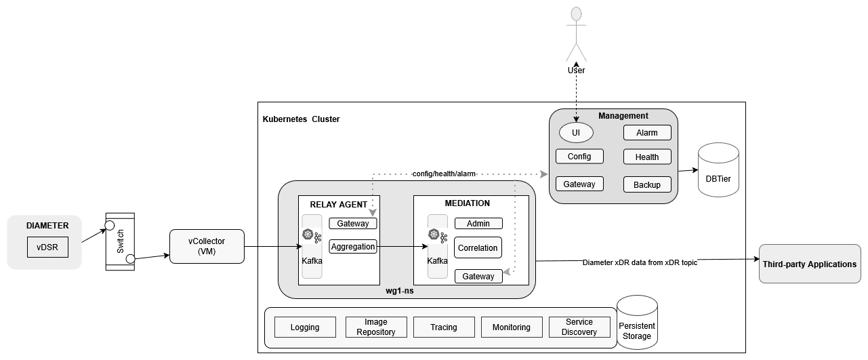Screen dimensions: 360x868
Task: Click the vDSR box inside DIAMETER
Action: (x=47, y=247)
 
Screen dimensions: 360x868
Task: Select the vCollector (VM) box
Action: (x=207, y=246)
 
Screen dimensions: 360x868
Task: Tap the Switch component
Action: (x=120, y=242)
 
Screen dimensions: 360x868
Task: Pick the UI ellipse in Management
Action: (x=576, y=132)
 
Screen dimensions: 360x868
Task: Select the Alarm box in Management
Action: (x=647, y=133)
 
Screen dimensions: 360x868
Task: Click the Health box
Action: (x=647, y=157)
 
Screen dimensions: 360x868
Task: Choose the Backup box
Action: (x=647, y=184)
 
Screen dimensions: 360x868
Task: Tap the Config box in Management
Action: (x=579, y=157)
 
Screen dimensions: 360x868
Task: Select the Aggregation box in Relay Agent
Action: (x=352, y=247)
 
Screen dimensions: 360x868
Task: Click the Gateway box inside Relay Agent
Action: (x=352, y=224)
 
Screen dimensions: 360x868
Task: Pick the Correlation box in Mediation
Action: (x=478, y=248)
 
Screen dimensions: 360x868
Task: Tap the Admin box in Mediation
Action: (x=478, y=224)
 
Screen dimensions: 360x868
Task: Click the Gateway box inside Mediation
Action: (x=478, y=276)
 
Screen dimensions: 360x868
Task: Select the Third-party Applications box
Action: (x=810, y=264)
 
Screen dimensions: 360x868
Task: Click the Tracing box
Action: (x=444, y=327)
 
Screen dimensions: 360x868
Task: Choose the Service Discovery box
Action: (x=579, y=327)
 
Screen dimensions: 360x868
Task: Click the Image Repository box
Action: (x=376, y=327)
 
